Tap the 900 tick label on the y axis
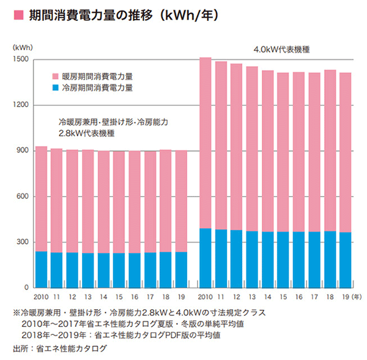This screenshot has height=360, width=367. (22, 151)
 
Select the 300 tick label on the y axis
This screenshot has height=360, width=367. (22, 242)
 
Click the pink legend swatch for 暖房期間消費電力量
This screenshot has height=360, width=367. (56, 77)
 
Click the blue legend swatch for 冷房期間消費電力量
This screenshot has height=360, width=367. (56, 88)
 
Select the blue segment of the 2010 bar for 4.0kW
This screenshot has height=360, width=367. (206, 258)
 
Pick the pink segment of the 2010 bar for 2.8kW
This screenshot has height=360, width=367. (42, 199)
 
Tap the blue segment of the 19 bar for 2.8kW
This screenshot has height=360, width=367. (182, 269)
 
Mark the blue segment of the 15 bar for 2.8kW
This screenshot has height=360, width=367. (119, 270)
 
